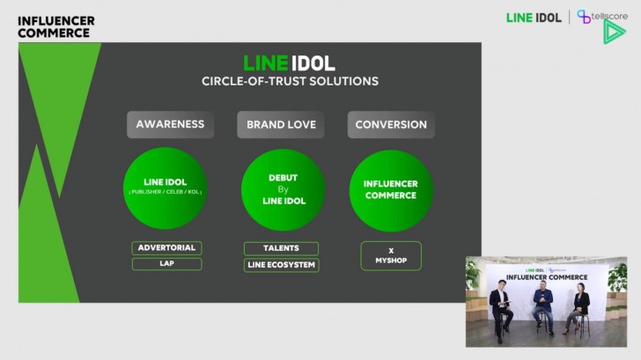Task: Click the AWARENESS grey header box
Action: pyautogui.click(x=170, y=124)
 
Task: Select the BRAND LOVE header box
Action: pyautogui.click(x=280, y=124)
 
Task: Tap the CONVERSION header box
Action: pyautogui.click(x=391, y=124)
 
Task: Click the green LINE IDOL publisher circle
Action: pyautogui.click(x=165, y=189)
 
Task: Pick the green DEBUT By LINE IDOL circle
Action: pyautogui.click(x=283, y=189)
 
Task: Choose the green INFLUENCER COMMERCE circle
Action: pyautogui.click(x=391, y=189)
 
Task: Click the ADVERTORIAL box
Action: pyautogui.click(x=166, y=247)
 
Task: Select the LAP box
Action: pyautogui.click(x=166, y=264)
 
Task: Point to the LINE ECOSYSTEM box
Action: pyautogui.click(x=281, y=265)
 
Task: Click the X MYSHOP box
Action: pyautogui.click(x=391, y=255)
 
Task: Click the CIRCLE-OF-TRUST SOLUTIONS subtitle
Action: pyautogui.click(x=290, y=81)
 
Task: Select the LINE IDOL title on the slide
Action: pyautogui.click(x=290, y=63)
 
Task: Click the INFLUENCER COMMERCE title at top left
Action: pyautogui.click(x=55, y=26)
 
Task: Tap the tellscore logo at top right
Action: pyautogui.click(x=600, y=16)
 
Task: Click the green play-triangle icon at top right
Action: pyautogui.click(x=614, y=33)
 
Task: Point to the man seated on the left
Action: pyautogui.click(x=501, y=305)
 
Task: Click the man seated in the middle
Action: pyautogui.click(x=542, y=304)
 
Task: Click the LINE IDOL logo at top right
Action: pyautogui.click(x=534, y=17)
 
